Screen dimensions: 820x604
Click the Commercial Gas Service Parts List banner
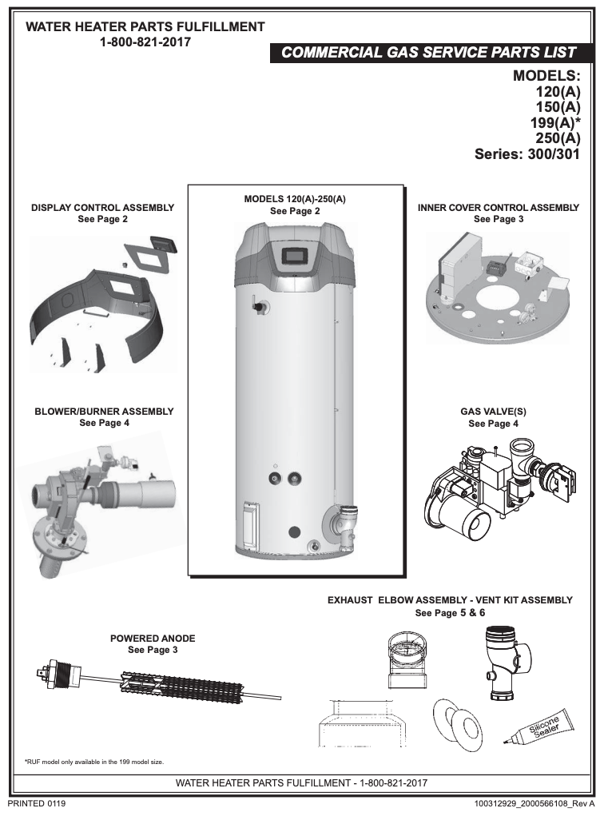[428, 52]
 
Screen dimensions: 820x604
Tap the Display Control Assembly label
[102, 207]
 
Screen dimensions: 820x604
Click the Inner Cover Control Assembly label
[499, 207]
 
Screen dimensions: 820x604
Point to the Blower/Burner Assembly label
[104, 412]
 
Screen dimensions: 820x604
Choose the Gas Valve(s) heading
[493, 412]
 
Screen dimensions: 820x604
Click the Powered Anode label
[153, 639]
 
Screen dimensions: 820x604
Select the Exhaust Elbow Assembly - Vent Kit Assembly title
[450, 600]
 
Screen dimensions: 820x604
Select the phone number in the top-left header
[145, 42]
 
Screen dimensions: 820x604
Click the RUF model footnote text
[94, 761]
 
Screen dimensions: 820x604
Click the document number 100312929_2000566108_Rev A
[534, 802]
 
